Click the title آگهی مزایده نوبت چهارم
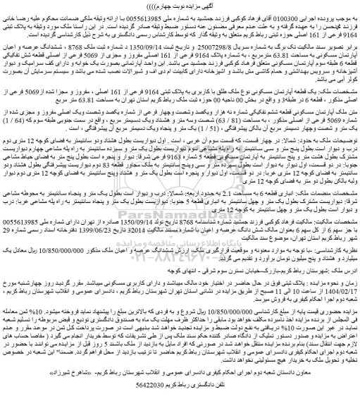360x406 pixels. [x=180, y=6]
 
